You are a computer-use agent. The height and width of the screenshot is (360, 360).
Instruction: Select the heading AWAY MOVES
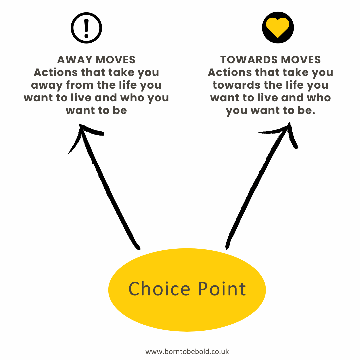tap(96, 60)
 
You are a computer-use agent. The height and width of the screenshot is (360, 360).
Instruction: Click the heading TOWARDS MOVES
tap(270, 60)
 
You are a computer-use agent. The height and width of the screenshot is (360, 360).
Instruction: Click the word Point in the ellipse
tap(222, 289)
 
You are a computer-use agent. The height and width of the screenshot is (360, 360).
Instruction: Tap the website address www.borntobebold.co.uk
tap(187, 351)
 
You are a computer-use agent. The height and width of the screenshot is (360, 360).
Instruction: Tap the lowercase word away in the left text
tap(47, 85)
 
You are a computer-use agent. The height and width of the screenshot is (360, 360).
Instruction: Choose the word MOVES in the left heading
tap(116, 60)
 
